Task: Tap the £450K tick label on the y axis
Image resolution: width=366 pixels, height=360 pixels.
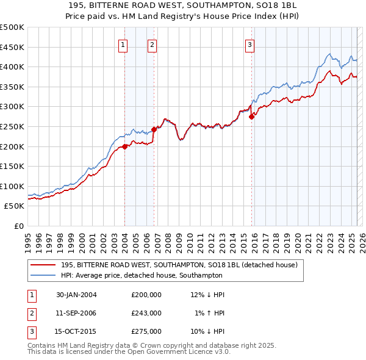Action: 12,47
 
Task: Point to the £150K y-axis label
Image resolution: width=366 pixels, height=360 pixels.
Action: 12,166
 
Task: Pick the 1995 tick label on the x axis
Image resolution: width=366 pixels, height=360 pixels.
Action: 27,238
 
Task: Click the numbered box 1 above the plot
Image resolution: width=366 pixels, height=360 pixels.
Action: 123,44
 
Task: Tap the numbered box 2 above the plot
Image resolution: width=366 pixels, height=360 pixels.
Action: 152,44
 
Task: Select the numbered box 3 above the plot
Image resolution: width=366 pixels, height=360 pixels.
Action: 250,44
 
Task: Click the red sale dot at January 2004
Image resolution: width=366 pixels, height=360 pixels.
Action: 125,146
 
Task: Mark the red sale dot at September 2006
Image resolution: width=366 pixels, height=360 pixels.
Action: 154,129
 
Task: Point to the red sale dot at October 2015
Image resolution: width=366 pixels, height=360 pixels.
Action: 251,117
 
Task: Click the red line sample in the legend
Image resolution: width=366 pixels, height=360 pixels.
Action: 43,265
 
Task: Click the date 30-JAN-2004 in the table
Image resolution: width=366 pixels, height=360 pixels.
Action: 76,294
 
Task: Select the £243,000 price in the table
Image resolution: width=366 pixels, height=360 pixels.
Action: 146,313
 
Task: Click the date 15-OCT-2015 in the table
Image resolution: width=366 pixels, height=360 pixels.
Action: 76,332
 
